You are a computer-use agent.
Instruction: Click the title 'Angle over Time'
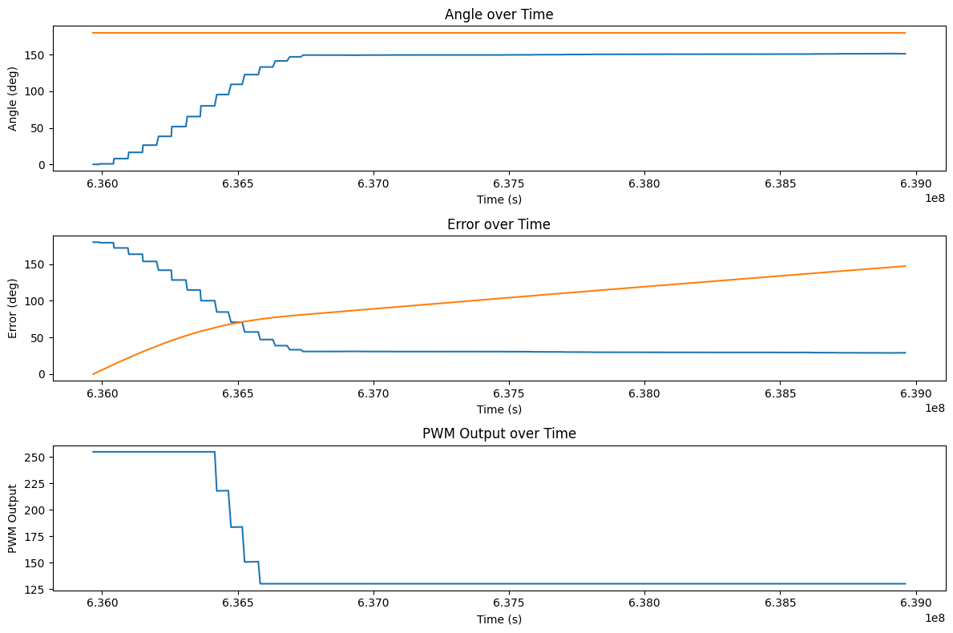click(x=499, y=14)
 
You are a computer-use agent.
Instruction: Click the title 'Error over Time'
click(x=499, y=224)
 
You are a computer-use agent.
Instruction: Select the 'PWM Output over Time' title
click(x=499, y=433)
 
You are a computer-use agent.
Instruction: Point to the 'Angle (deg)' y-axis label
click(x=13, y=98)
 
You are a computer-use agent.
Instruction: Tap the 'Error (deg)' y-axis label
click(x=13, y=308)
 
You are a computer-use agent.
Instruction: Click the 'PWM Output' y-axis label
click(x=13, y=518)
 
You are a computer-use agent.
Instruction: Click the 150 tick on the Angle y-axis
click(x=35, y=55)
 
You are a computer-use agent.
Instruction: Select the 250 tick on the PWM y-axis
click(x=35, y=458)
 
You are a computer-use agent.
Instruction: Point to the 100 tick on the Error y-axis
click(x=35, y=301)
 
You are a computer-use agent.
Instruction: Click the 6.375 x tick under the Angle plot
click(x=508, y=183)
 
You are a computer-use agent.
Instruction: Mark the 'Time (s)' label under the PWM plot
click(x=499, y=619)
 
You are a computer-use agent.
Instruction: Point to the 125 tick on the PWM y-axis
click(x=35, y=589)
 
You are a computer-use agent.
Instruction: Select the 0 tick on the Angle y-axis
click(x=42, y=164)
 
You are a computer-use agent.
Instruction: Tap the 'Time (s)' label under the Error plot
click(x=499, y=409)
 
